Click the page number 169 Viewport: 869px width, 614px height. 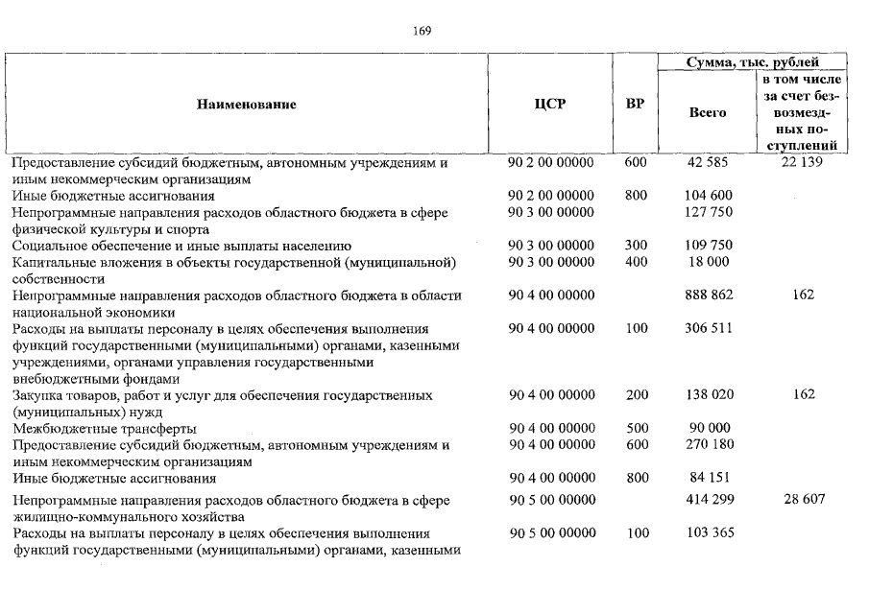pyautogui.click(x=422, y=31)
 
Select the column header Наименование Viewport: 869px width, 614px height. pyautogui.click(x=247, y=105)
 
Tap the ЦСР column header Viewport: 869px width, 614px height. pyautogui.click(x=549, y=105)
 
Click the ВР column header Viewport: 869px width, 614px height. pyautogui.click(x=635, y=105)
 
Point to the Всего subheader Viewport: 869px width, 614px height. pyautogui.click(x=708, y=112)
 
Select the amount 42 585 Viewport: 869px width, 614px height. pyautogui.click(x=709, y=163)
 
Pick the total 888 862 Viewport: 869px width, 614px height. pyautogui.click(x=710, y=295)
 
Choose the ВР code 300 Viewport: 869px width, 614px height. pyautogui.click(x=636, y=246)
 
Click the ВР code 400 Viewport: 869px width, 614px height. pyautogui.click(x=636, y=262)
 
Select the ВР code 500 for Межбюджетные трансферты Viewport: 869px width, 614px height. pyautogui.click(x=636, y=428)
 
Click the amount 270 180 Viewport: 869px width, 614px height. pyautogui.click(x=710, y=444)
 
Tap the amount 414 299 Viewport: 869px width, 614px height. pyautogui.click(x=710, y=500)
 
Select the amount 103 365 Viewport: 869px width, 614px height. pyautogui.click(x=710, y=533)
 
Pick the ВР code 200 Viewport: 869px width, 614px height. pyautogui.click(x=636, y=394)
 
